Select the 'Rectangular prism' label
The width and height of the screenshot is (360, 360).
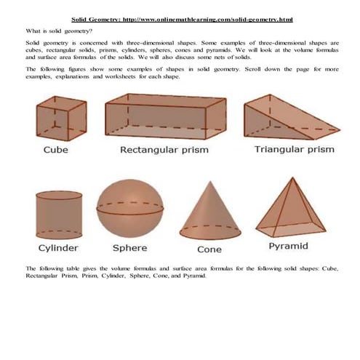(x=164, y=151)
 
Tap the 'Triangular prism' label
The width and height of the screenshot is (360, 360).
(x=294, y=150)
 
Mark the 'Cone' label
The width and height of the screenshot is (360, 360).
(x=209, y=249)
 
